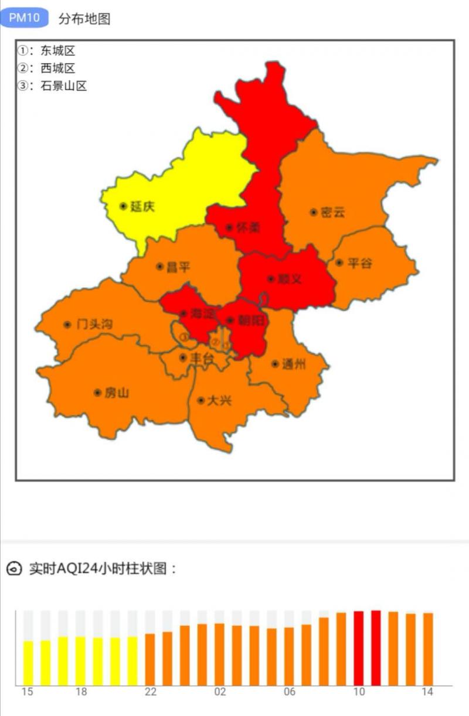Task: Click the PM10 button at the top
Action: click(x=25, y=18)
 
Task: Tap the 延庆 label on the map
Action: click(x=142, y=206)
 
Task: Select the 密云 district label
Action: click(x=333, y=212)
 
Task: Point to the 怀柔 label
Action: click(x=247, y=228)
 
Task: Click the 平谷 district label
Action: click(x=359, y=263)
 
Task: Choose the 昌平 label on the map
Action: click(x=178, y=267)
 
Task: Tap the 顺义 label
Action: click(x=290, y=279)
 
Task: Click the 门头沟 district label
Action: click(x=94, y=325)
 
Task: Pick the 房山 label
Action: click(x=116, y=393)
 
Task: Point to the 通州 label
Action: click(x=294, y=364)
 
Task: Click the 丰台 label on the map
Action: click(x=202, y=357)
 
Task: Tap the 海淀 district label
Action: click(x=201, y=314)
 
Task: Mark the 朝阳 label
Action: click(x=249, y=321)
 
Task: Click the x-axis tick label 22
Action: click(x=151, y=692)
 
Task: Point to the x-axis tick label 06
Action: click(x=290, y=692)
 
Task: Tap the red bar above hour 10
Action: click(x=359, y=647)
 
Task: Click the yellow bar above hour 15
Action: click(x=28, y=663)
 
